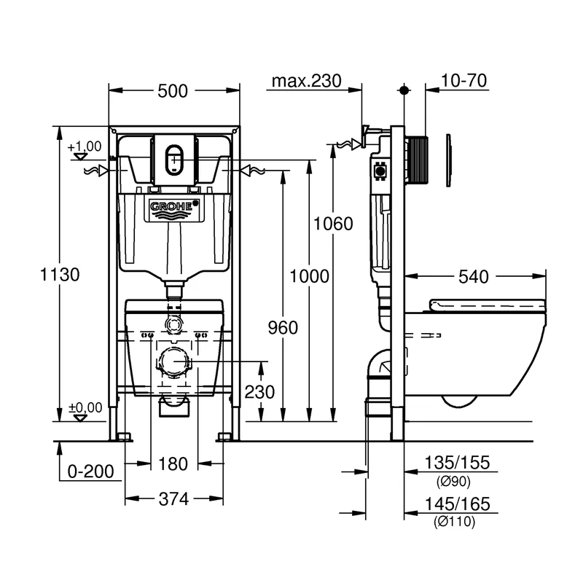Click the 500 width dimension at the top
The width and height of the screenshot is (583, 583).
(x=174, y=91)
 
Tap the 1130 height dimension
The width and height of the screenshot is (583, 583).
(x=59, y=275)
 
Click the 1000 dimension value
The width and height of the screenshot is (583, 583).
(x=309, y=275)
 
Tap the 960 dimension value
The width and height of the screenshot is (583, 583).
(x=282, y=328)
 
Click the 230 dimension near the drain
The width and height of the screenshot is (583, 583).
(x=259, y=392)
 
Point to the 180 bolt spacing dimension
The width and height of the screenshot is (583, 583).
(x=173, y=463)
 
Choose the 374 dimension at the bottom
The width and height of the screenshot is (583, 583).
(x=173, y=499)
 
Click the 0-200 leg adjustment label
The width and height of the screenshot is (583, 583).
(x=90, y=472)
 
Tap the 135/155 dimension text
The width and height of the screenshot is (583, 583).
(x=458, y=463)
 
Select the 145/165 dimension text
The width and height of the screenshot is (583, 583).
(x=458, y=504)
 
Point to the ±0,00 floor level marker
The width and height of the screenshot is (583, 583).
(x=85, y=407)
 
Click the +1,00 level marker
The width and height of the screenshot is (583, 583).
(x=85, y=146)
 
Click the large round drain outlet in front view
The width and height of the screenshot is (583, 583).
(x=174, y=361)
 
